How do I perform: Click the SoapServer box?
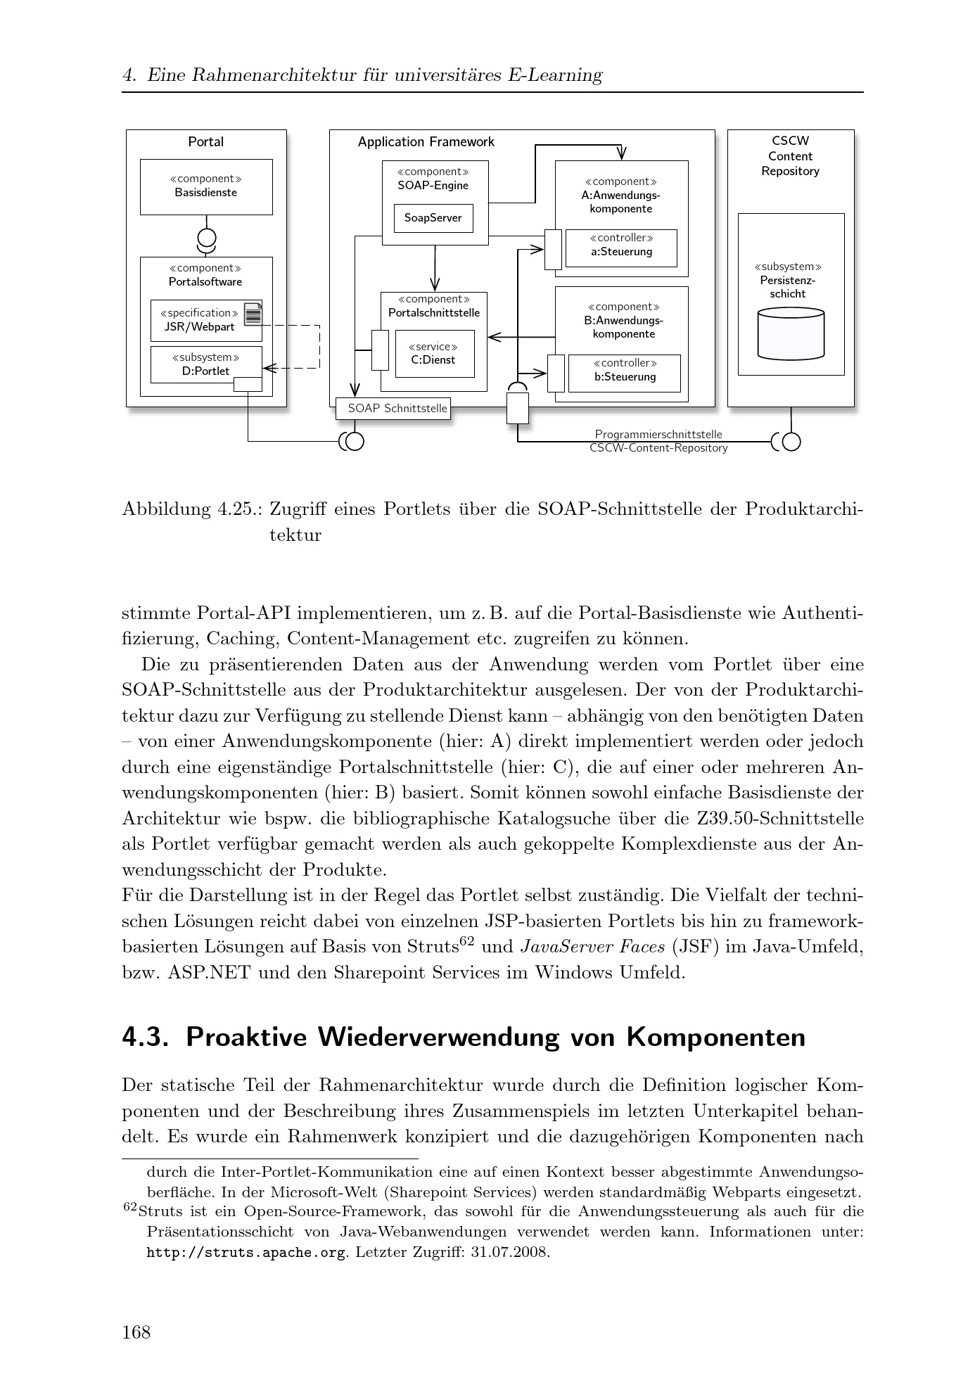coord(433,218)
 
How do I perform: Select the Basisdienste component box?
coord(206,186)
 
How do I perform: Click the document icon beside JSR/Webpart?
coord(253,314)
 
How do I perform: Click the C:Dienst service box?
coord(434,354)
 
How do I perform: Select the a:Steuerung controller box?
coord(621,248)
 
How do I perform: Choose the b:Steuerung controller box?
coord(624,373)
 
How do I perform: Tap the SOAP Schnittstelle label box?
coord(393,409)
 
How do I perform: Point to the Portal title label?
coord(206,142)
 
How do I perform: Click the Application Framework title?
coord(426,142)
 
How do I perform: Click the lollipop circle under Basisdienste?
coord(207,237)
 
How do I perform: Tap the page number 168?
coord(136,1332)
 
